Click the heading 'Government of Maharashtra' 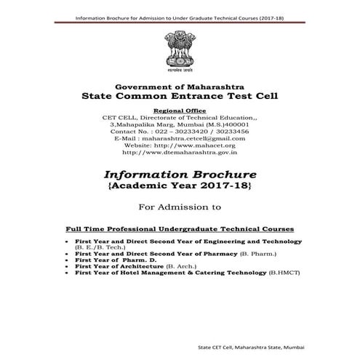180,86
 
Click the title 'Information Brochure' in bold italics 180,175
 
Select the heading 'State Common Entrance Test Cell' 180,96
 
